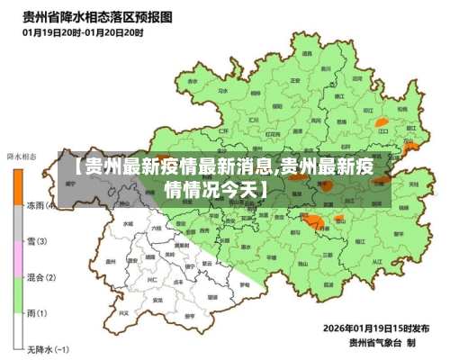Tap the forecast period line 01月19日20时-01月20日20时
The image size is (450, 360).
pos(83,31)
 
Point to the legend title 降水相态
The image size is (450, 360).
pos(22,157)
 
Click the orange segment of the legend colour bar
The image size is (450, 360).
pos(18,186)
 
